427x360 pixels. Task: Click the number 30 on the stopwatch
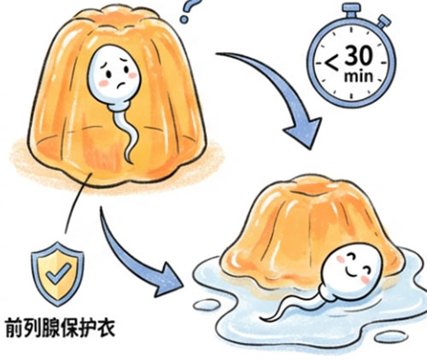click(359, 55)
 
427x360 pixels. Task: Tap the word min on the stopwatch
click(359, 76)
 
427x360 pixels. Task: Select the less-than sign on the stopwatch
click(331, 63)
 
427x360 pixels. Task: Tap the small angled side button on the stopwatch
click(383, 21)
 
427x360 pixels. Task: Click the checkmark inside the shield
click(59, 274)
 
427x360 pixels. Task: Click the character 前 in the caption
click(15, 328)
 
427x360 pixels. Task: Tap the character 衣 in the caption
click(106, 328)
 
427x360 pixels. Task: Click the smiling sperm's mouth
click(353, 274)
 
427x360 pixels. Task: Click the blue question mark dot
click(184, 19)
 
